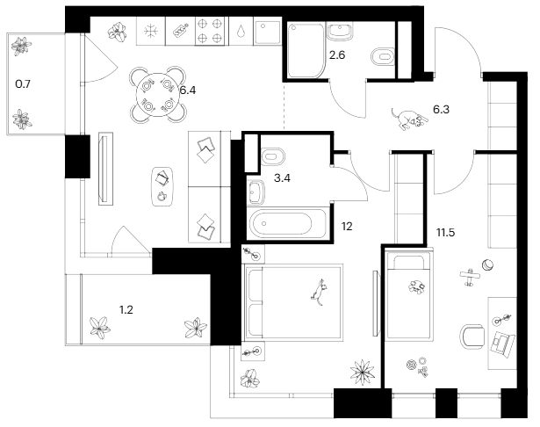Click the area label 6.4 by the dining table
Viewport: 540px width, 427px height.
coord(187,89)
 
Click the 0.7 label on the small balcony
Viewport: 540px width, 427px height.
coord(23,84)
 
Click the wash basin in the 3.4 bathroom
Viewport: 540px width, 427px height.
coord(258,191)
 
